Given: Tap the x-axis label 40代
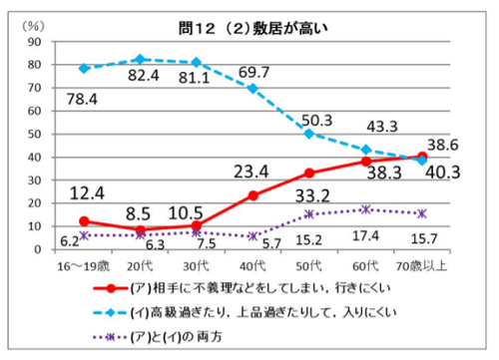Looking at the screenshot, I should point(253,266).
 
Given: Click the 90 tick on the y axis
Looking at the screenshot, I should point(34,43).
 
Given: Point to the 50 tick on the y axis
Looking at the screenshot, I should point(34,134).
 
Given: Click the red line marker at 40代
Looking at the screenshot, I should point(253,195).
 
